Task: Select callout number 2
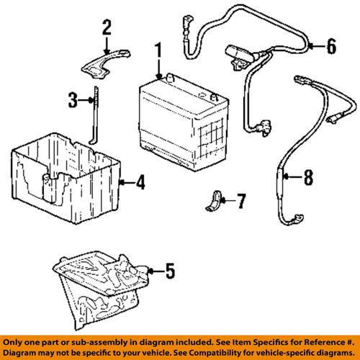pos(107,29)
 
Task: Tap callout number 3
pos(72,102)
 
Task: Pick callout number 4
pos(140,183)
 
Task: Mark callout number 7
pos(241,199)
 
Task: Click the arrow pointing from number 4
pos(127,183)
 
